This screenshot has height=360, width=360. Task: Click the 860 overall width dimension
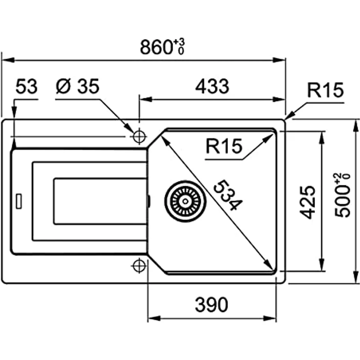click(162, 47)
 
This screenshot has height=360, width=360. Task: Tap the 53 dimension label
click(26, 86)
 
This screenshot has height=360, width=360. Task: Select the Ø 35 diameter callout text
click(78, 86)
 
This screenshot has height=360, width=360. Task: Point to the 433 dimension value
click(212, 86)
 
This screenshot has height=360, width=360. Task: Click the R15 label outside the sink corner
click(325, 90)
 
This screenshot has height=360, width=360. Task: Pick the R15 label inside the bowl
click(224, 146)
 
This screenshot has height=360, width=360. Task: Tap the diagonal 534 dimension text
click(228, 195)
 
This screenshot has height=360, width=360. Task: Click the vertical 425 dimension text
click(307, 202)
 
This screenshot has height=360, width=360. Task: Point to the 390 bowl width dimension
click(211, 304)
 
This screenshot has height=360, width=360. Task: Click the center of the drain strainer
click(185, 202)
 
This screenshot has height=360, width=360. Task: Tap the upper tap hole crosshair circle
click(139, 136)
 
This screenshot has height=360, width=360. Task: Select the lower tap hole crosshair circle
click(139, 266)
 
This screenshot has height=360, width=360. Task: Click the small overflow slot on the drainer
click(19, 202)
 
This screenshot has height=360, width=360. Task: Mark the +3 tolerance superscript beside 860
click(179, 42)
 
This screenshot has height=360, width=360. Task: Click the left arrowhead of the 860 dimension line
click(8, 60)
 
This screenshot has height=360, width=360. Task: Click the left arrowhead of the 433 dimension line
click(146, 99)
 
